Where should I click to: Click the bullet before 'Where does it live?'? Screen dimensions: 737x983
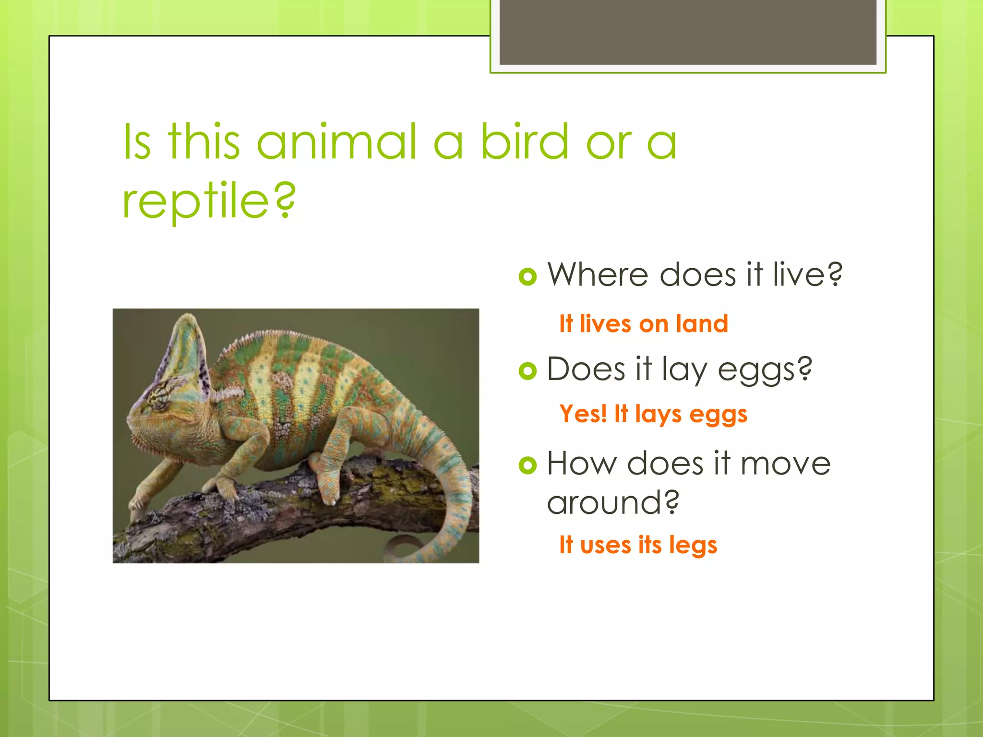pos(527,276)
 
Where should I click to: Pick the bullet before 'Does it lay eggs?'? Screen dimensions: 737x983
pos(527,371)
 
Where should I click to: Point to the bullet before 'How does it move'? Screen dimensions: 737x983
pos(527,465)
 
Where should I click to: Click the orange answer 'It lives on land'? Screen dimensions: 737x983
pos(643,324)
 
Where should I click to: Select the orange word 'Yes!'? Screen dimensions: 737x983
pos(583,414)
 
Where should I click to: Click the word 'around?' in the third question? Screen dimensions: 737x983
pos(613,503)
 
